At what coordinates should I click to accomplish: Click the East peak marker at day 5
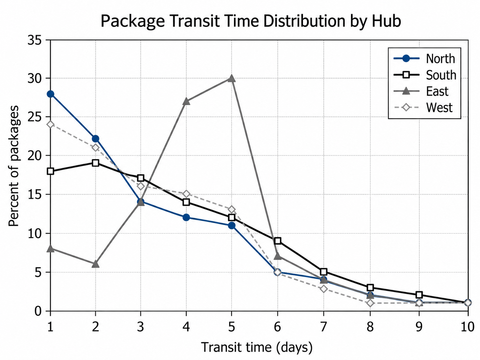coord(231,78)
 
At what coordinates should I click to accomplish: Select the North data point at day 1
coord(50,94)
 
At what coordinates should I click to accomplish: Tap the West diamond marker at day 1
coord(50,125)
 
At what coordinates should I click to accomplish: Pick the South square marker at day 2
coord(95,163)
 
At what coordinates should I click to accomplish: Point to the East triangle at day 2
coord(95,264)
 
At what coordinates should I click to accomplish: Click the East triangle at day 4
coord(186,101)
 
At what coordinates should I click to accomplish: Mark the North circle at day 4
coord(186,217)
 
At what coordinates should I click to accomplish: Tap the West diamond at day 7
coord(324,289)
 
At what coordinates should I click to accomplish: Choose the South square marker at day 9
coord(419,295)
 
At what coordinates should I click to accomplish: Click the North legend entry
coord(424,59)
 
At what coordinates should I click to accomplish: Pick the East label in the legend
coord(437,91)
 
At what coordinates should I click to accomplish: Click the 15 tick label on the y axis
coord(34,195)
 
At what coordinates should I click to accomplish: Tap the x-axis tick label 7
coord(324,327)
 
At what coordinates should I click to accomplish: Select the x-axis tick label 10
coord(468,327)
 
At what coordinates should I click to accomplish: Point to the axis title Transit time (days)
coord(257,347)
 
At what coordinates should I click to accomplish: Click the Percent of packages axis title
coord(14,166)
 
